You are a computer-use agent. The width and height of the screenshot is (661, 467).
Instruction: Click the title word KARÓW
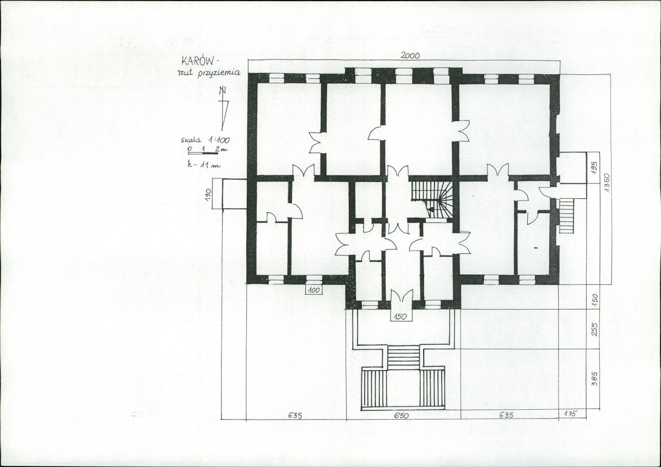coord(197,61)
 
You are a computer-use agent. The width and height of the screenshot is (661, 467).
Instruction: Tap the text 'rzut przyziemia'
coord(209,73)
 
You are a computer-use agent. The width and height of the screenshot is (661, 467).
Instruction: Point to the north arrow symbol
coord(224,108)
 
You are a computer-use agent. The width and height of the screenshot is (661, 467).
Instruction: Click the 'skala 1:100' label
coord(205,140)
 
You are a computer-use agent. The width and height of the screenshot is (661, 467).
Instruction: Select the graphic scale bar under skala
coord(203,154)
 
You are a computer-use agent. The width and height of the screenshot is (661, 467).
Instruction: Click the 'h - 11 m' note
coord(204,165)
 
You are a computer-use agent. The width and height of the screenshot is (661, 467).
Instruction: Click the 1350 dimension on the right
coord(606,183)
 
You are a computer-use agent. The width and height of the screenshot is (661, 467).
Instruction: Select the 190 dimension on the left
coord(208,196)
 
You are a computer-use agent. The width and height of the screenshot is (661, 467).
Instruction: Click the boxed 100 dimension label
coord(313,290)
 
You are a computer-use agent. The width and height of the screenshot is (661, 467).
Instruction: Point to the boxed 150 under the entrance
coord(399,317)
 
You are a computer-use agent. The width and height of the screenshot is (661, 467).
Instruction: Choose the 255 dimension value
coord(594,329)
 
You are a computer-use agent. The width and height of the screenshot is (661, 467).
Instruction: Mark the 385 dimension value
coord(594,379)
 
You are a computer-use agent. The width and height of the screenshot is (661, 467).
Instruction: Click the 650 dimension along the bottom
coord(402,416)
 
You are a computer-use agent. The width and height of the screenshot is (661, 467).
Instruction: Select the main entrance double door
coord(402,296)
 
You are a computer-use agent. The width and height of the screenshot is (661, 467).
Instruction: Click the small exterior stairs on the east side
coord(566,215)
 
